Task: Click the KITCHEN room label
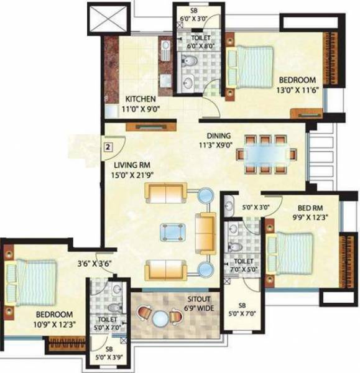point(141,99)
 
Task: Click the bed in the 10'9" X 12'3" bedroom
point(34,279)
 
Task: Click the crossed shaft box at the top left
point(104,19)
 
